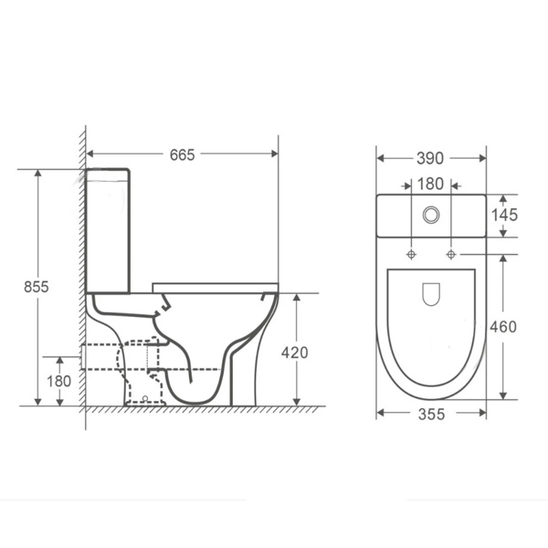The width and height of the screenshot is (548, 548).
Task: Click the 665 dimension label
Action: coord(183,154)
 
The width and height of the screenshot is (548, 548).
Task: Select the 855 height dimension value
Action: coord(37,286)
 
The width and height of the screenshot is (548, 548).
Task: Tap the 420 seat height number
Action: coord(296,353)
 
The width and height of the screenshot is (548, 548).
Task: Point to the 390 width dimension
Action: coord(431,158)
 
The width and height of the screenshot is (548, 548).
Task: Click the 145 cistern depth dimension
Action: coord(504,216)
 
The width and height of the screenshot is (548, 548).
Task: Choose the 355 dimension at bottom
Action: coord(431,415)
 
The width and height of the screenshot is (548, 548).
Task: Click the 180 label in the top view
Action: coord(431,184)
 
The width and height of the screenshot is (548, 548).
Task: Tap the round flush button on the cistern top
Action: coord(431,216)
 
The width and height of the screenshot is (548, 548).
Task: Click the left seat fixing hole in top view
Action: coord(412,253)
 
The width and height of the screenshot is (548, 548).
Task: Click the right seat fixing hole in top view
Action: coord(450,253)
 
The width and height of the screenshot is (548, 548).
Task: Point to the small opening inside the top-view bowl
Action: coord(431,293)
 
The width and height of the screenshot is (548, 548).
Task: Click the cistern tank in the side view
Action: coord(108,228)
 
